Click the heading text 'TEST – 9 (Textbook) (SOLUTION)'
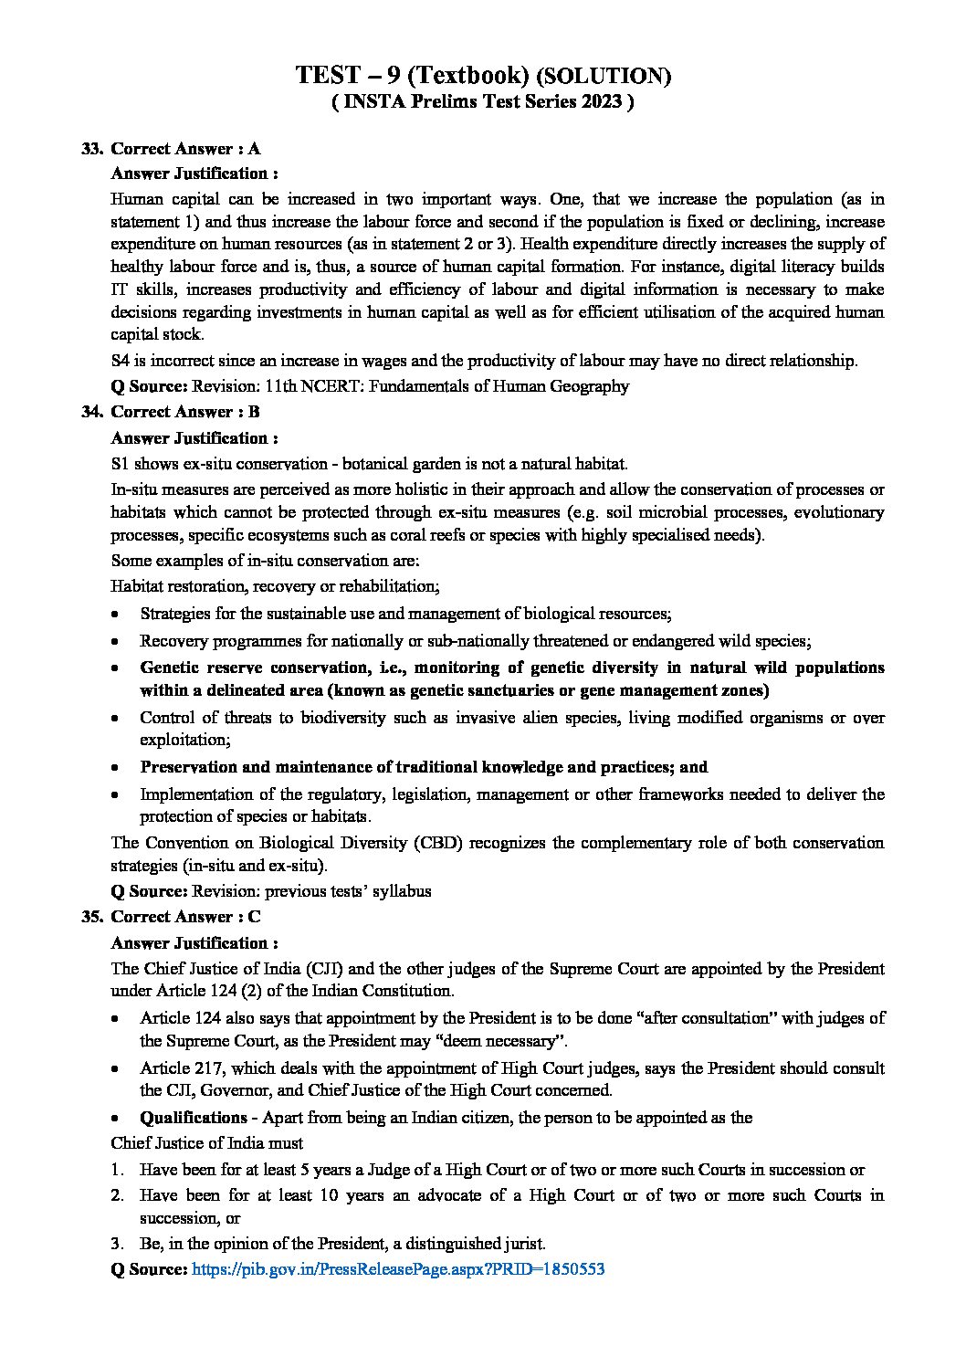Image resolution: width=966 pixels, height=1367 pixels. point(483,76)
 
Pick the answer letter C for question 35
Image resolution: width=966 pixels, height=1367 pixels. point(255,917)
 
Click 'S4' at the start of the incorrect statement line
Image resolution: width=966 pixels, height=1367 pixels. point(121,361)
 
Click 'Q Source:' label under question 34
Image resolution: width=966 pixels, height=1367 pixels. point(149,890)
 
